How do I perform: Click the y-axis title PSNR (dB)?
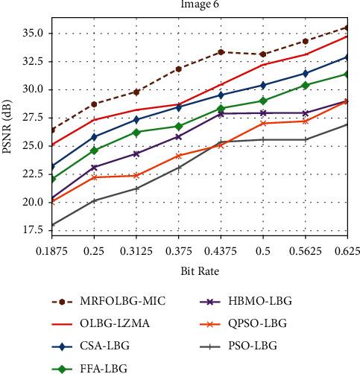point(9,124)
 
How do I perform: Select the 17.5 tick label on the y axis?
point(32,230)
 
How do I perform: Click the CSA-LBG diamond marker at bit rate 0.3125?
point(136,120)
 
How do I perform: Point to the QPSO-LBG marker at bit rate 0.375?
point(178,156)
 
